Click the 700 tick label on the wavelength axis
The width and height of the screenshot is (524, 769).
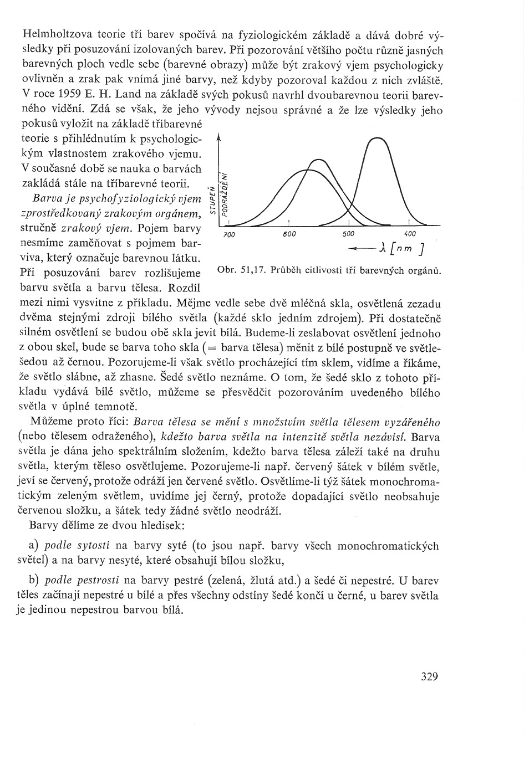point(230,235)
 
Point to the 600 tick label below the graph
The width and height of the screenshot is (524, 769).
point(289,234)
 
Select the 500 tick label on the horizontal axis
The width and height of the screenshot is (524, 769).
point(348,234)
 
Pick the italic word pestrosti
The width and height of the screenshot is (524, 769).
point(82,581)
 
